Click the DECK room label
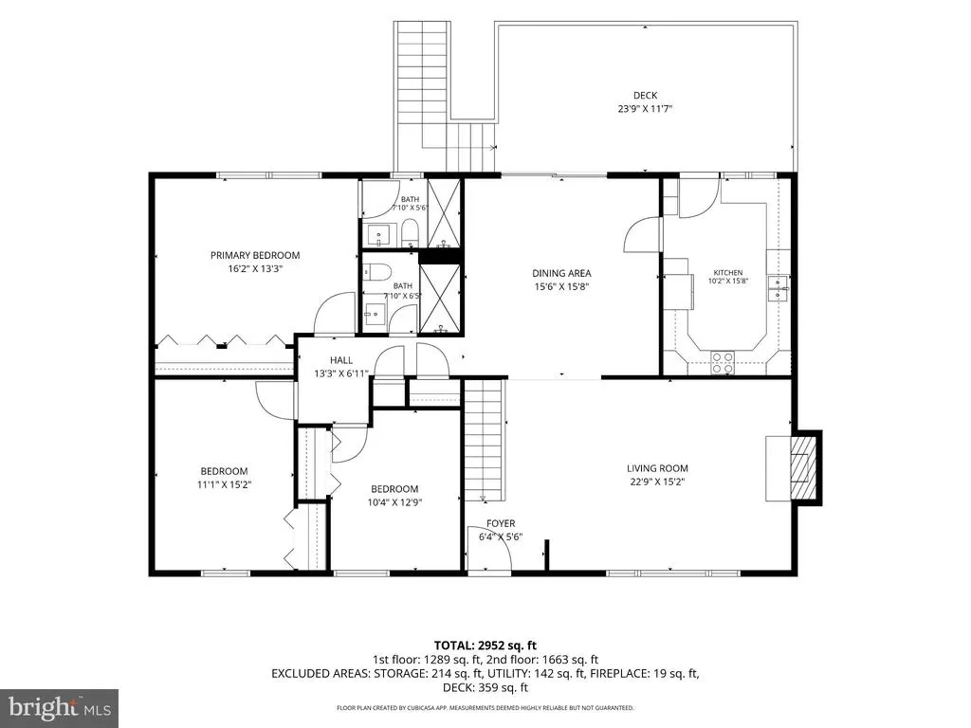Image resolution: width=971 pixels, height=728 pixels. [x=645, y=96]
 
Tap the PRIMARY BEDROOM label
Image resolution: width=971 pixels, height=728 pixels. [x=254, y=255]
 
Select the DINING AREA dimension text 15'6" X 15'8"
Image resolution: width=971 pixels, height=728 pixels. [x=561, y=286]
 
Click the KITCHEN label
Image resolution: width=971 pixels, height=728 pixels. [x=727, y=272]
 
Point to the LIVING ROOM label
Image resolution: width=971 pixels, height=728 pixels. [x=657, y=468]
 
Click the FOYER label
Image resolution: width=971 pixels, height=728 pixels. [x=501, y=523]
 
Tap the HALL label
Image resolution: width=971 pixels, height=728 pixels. [x=341, y=359]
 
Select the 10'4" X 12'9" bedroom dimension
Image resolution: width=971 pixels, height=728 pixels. [x=394, y=502]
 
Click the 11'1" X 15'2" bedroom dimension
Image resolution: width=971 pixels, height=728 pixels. [x=224, y=484]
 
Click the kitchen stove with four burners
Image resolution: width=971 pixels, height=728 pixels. [x=722, y=363]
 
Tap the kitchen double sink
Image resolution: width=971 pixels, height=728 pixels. [x=779, y=288]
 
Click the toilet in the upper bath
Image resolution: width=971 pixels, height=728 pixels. [x=410, y=235]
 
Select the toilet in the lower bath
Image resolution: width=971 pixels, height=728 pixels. [x=376, y=272]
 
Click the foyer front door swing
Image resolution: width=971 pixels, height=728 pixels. [x=491, y=554]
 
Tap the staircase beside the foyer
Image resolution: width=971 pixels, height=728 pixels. [x=485, y=440]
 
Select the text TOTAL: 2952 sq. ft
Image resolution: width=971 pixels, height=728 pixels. [x=485, y=646]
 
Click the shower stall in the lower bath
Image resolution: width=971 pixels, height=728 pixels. [x=440, y=299]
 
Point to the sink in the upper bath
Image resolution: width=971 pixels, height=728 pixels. [x=377, y=236]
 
